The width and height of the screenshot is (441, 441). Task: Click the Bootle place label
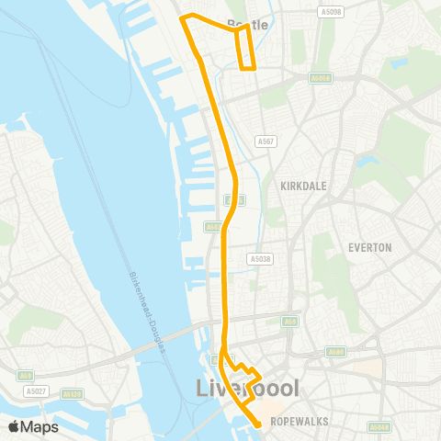point(247,25)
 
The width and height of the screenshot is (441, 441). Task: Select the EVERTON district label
point(370,247)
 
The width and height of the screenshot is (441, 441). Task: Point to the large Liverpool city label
point(247,389)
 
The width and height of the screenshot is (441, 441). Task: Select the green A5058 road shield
point(320,79)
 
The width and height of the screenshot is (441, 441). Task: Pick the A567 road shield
point(266,141)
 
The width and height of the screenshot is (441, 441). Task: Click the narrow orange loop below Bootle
point(244,49)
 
